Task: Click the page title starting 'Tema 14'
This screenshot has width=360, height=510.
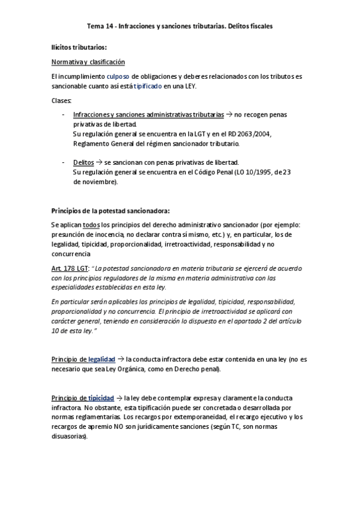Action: (180, 26)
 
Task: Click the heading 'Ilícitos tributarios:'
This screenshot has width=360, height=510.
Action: (79, 47)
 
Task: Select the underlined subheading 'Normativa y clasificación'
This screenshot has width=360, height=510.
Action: (88, 62)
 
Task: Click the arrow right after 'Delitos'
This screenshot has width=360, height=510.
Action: (100, 162)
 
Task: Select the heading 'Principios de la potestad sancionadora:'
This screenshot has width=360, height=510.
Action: (111, 210)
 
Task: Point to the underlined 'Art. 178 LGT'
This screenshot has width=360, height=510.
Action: (70, 268)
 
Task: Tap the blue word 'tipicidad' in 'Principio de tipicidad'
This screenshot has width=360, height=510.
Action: (100, 398)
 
